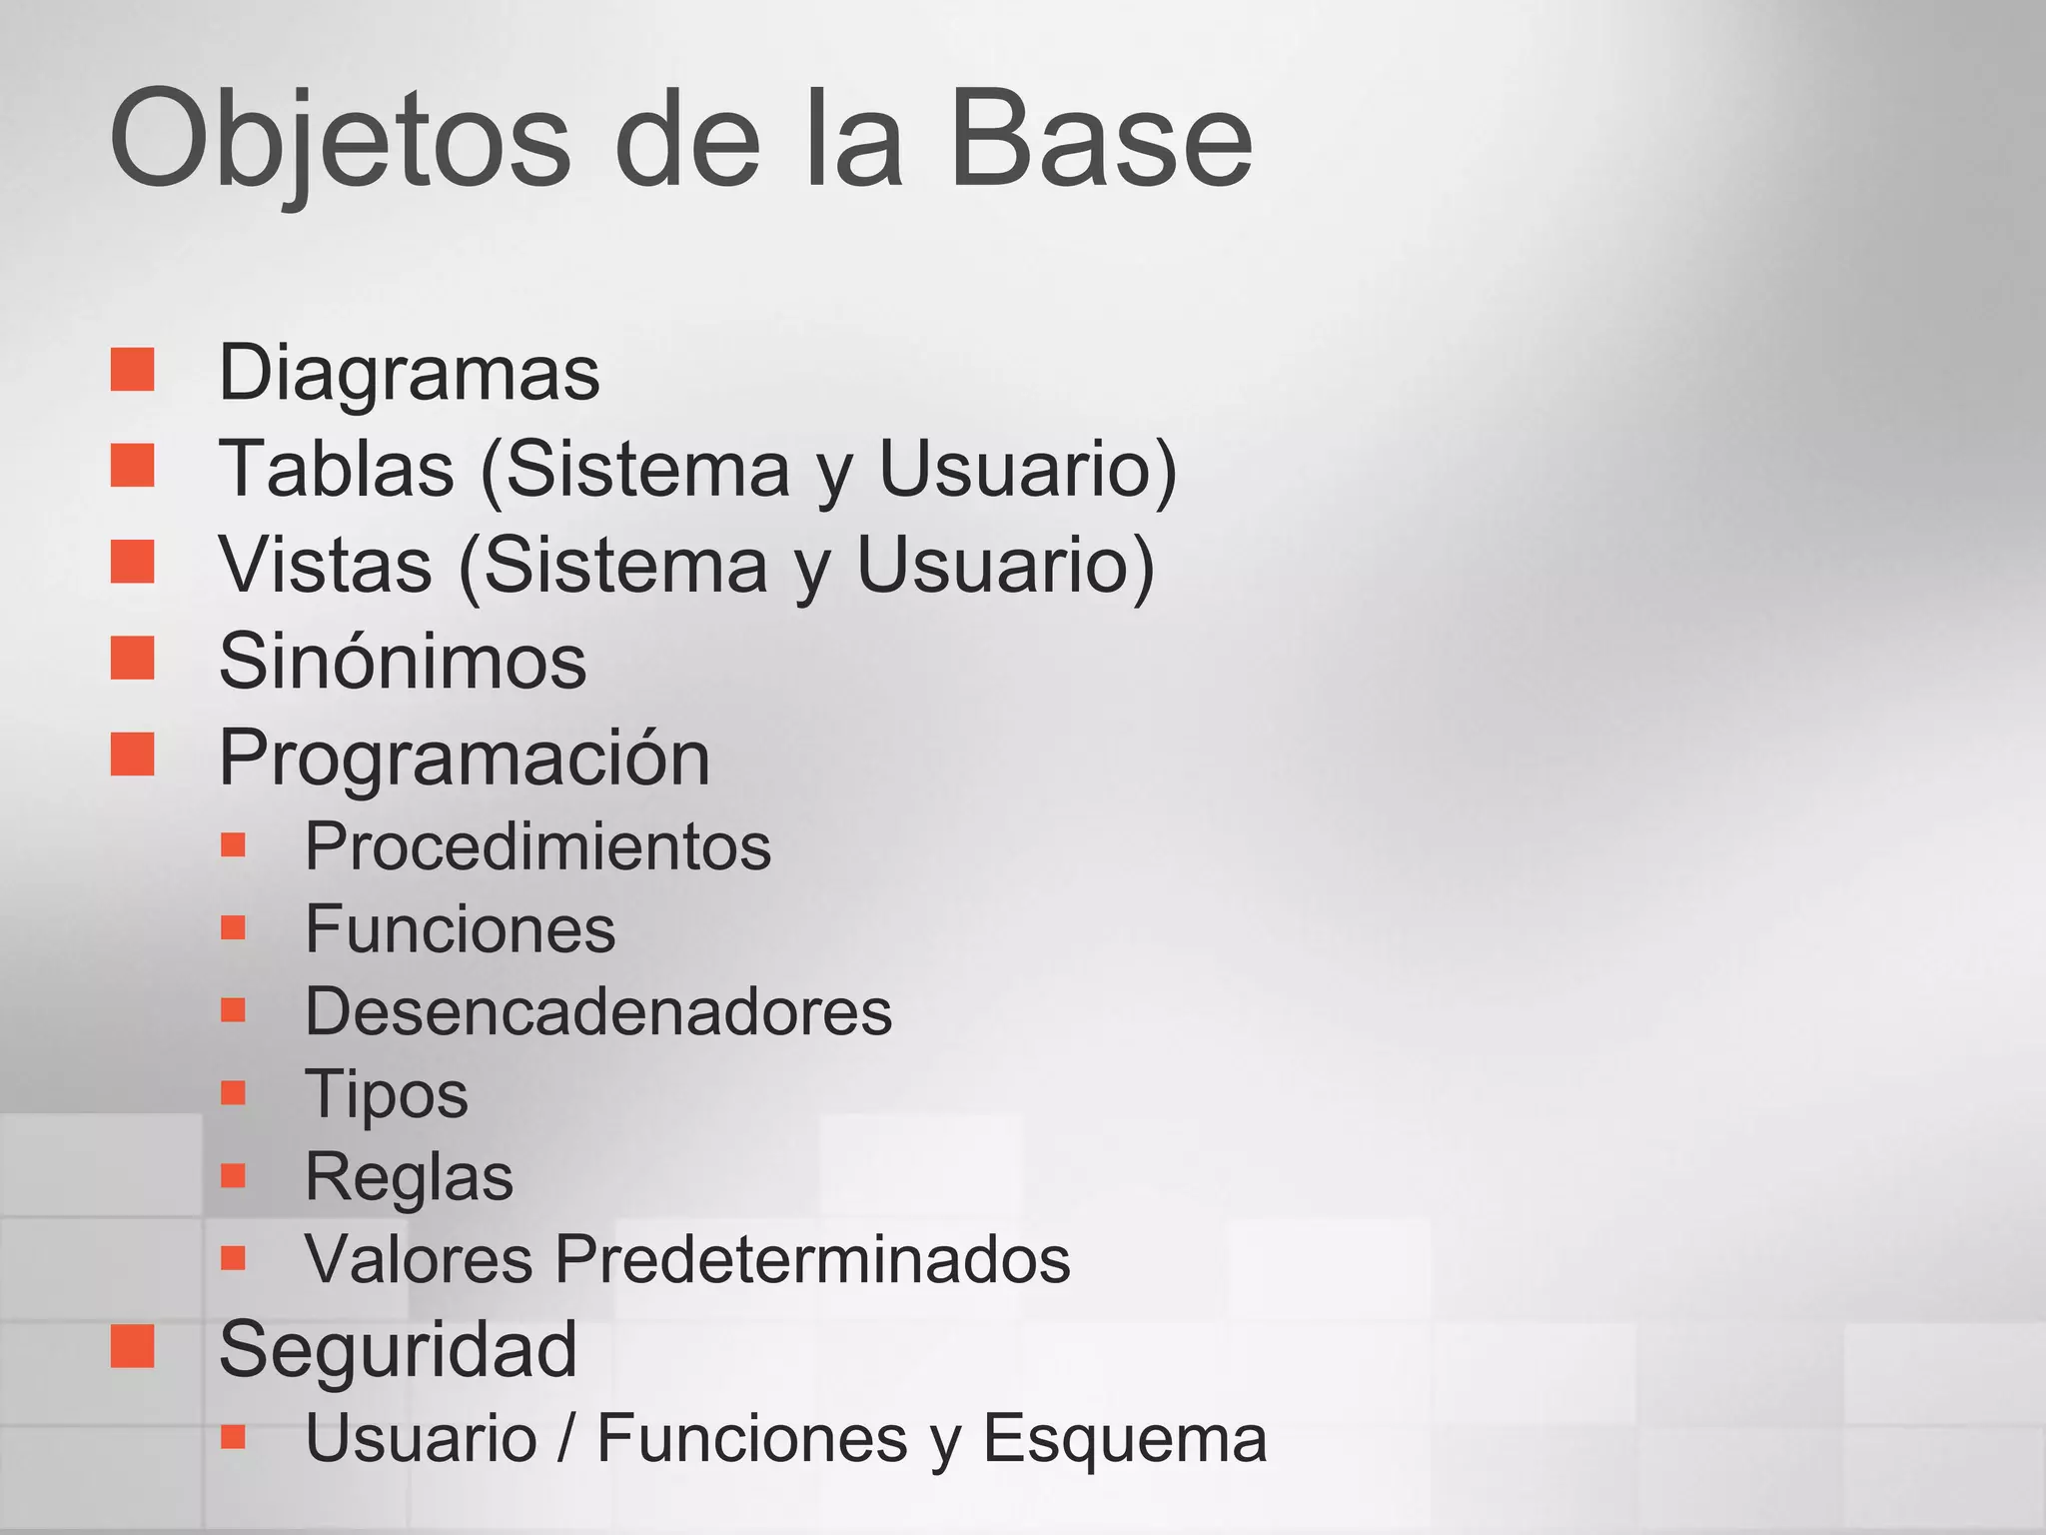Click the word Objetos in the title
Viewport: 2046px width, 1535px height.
click(340, 140)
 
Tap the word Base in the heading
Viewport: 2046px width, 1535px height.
click(1100, 140)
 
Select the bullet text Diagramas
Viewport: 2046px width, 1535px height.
click(409, 372)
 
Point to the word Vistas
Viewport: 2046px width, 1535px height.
click(326, 565)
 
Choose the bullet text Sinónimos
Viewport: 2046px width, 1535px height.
click(403, 661)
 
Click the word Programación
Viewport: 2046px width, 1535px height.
click(465, 758)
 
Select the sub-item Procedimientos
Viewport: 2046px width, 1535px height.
click(537, 846)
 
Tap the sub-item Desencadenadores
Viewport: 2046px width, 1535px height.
click(598, 1011)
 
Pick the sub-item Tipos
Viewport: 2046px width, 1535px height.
click(386, 1093)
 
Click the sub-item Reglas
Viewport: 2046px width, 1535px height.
click(409, 1176)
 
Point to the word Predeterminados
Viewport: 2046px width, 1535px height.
click(812, 1258)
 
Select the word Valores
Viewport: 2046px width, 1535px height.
click(419, 1258)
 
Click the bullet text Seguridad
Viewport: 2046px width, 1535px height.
click(398, 1349)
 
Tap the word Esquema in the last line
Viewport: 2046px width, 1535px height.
click(1125, 1438)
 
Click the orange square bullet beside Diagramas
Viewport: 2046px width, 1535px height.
click(133, 370)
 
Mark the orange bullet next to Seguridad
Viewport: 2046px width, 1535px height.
click(133, 1346)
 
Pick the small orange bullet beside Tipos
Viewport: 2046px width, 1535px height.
click(233, 1091)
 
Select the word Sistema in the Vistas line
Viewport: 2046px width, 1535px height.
click(627, 565)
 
